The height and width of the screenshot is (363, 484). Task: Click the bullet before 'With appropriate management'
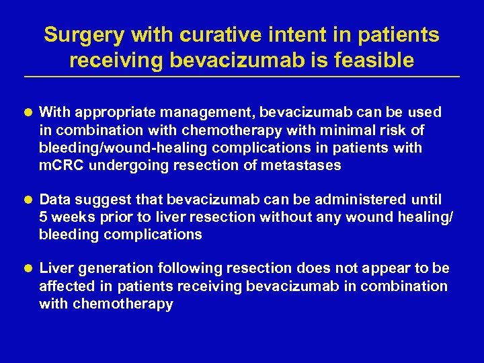tap(30, 112)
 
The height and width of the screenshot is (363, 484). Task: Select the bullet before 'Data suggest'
tap(30, 200)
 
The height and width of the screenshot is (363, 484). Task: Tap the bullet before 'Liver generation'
tap(30, 269)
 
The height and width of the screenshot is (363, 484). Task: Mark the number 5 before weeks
tap(44, 216)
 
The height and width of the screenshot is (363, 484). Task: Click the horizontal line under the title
tap(241, 77)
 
